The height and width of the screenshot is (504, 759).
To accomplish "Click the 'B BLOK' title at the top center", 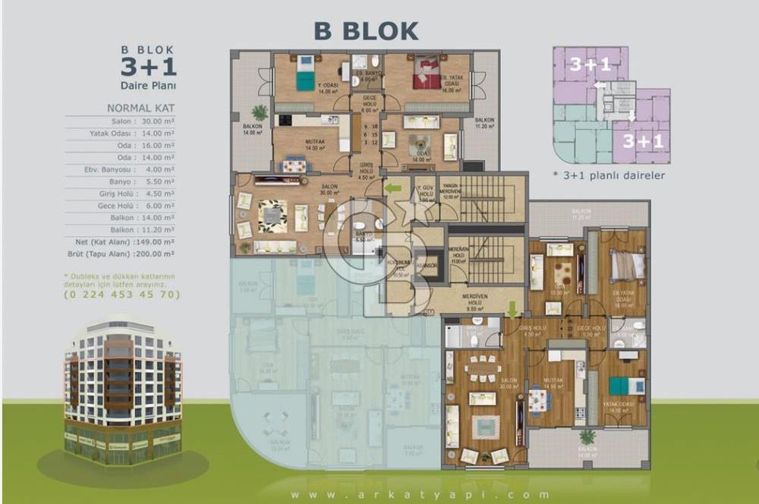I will click(x=366, y=31).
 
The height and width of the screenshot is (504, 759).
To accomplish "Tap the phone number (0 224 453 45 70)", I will click(x=121, y=294).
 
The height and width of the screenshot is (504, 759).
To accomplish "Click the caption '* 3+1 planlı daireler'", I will click(x=609, y=175).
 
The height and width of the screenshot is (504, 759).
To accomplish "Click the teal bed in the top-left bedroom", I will click(x=305, y=74).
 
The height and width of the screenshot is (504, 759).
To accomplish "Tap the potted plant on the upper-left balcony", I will click(x=260, y=112).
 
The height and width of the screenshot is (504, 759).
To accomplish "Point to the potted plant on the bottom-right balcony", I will click(x=587, y=437).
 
